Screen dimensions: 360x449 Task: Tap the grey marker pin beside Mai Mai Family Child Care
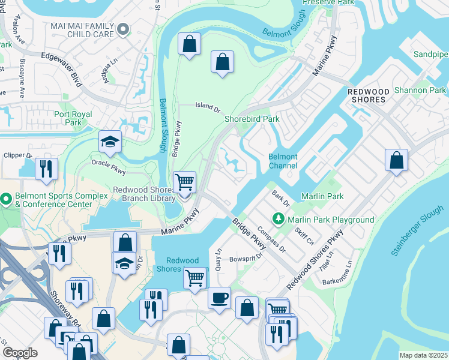[x=124, y=28]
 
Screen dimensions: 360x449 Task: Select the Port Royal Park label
[x=73, y=118]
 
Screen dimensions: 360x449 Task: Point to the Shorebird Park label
[x=252, y=119]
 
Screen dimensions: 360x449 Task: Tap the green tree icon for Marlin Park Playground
[x=278, y=220]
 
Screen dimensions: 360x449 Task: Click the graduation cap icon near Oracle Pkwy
[x=110, y=142]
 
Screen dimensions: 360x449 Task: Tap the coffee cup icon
[x=219, y=298]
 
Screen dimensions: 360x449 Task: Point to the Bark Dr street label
[x=280, y=199]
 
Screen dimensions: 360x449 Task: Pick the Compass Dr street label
[x=271, y=238]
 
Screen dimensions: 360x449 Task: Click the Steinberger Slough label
[x=419, y=229]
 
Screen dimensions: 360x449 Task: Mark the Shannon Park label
[x=420, y=90]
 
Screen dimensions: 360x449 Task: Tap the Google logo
[x=20, y=353]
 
